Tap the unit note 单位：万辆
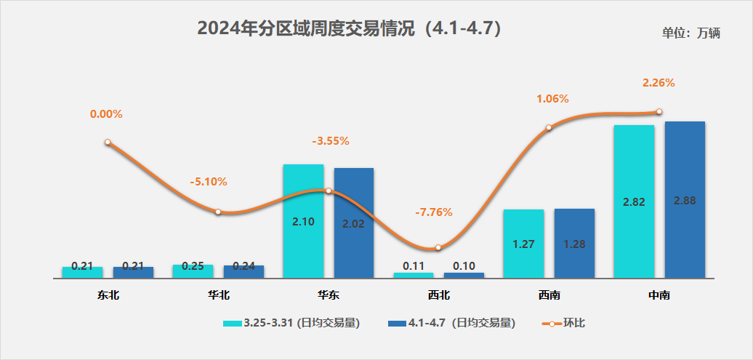tap(690, 33)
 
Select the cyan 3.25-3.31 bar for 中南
tap(634, 201)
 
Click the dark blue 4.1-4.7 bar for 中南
tap(685, 199)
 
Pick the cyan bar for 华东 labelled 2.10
tap(303, 220)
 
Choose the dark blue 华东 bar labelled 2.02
tap(353, 223)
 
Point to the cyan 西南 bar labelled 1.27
tap(523, 243)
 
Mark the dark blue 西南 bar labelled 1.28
tap(574, 243)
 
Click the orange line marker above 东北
tap(108, 143)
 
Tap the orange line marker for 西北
tap(438, 248)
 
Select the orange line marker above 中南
tap(659, 111)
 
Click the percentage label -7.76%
tap(433, 212)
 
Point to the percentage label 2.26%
tap(659, 83)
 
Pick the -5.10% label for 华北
tap(208, 182)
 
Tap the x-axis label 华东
tap(328, 295)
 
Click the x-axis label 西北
tap(438, 295)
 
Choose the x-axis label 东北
tap(108, 295)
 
